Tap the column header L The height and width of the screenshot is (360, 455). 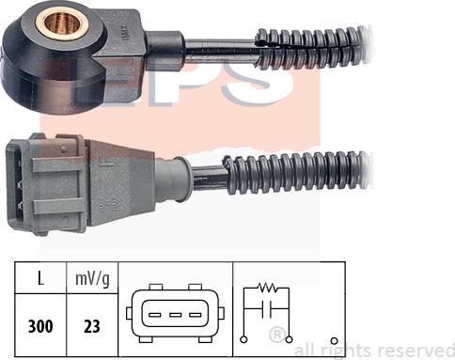click(40, 278)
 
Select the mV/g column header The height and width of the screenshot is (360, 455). click(92, 279)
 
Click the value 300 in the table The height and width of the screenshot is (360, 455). click(40, 326)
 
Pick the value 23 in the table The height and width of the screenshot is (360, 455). click(92, 326)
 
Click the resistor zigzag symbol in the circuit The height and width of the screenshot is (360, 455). click(267, 287)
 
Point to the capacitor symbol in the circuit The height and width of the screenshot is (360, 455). click(267, 309)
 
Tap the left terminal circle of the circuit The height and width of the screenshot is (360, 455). click(243, 339)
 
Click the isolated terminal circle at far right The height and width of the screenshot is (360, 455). click(335, 340)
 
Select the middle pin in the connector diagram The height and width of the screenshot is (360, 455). click(175, 315)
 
